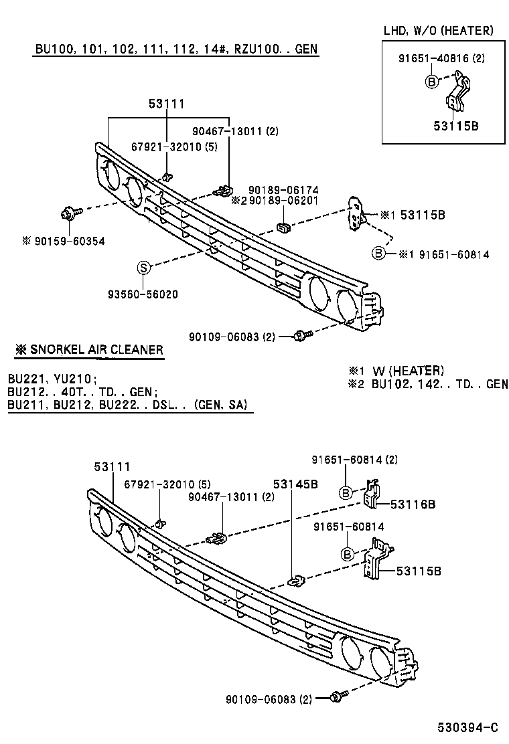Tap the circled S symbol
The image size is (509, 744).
point(143,268)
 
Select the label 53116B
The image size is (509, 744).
point(413,504)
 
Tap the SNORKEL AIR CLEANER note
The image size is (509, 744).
point(89,350)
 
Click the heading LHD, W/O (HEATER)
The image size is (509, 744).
point(438,30)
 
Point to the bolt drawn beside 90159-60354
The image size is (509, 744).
point(70,212)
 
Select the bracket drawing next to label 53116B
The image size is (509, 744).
point(372,494)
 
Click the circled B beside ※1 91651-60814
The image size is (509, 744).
point(378,254)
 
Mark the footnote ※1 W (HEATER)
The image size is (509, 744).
point(395,370)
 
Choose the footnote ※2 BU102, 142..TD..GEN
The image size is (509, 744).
point(427,383)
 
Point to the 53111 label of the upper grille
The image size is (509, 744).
point(166,104)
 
